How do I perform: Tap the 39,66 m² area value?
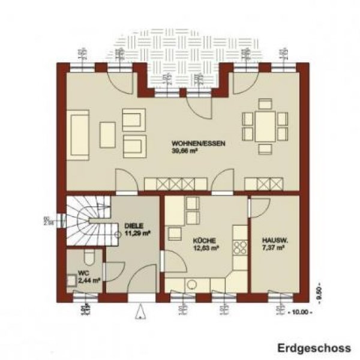click(x=185, y=151)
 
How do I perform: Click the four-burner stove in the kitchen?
click(x=240, y=247)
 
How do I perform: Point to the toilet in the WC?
click(x=88, y=259)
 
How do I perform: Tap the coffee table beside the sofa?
click(x=107, y=131)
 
